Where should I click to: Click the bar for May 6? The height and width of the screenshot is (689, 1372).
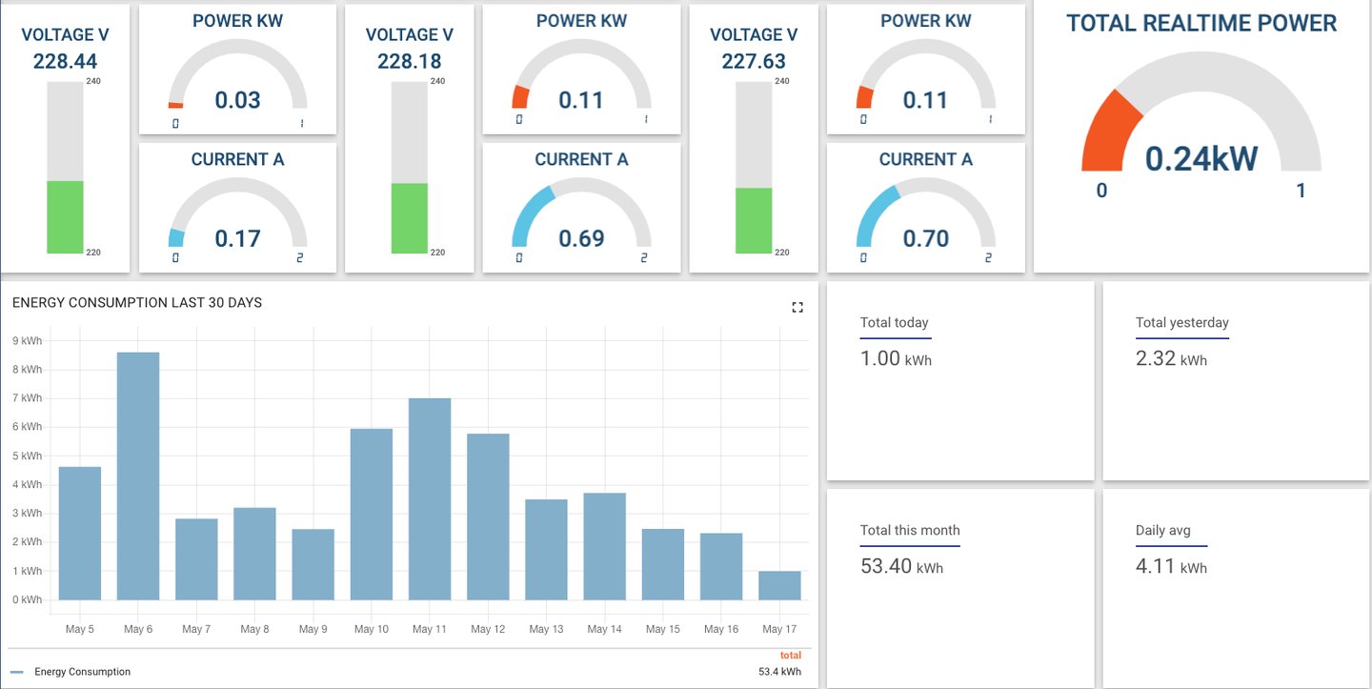tap(138, 476)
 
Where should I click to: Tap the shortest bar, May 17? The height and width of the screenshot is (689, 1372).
tap(779, 585)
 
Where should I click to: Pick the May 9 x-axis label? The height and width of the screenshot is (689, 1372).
tap(313, 629)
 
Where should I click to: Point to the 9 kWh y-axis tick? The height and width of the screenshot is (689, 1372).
tap(27, 340)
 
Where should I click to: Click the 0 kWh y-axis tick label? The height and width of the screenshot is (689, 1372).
tap(27, 599)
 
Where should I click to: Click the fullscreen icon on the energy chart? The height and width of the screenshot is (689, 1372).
tap(797, 307)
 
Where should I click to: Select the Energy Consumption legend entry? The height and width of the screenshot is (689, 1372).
tap(82, 672)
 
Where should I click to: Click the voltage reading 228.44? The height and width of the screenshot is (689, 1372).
tap(65, 62)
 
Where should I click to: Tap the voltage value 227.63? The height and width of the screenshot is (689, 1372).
tap(754, 62)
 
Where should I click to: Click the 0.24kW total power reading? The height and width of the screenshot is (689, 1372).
tap(1200, 159)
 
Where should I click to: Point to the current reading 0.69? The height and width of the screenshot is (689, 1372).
tap(581, 238)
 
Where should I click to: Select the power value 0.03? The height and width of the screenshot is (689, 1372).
tap(237, 100)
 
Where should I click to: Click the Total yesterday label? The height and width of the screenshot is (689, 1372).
tap(1181, 322)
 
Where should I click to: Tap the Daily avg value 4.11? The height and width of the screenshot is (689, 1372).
tap(1156, 567)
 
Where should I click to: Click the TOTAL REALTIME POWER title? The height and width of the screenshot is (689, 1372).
tap(1201, 24)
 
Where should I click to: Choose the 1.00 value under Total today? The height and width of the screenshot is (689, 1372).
tap(880, 358)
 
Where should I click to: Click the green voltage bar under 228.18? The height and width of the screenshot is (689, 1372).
tap(410, 218)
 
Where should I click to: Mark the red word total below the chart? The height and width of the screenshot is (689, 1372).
tap(790, 656)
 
